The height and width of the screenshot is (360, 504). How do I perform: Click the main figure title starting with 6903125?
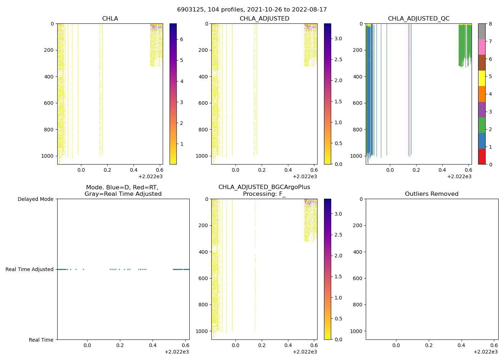tap(252, 10)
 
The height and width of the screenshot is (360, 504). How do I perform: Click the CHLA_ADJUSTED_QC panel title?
tap(419, 19)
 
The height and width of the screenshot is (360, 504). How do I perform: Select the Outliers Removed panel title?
tap(432, 194)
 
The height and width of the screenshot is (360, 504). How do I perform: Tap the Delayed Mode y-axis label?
tap(35, 199)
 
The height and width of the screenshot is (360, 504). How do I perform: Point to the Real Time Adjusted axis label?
tap(30, 269)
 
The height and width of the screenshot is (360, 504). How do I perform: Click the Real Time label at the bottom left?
tap(41, 340)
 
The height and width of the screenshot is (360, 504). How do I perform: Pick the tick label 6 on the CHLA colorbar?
tap(181, 39)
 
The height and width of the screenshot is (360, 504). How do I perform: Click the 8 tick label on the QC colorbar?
tap(490, 24)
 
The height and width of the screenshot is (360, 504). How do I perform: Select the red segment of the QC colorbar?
tap(482, 156)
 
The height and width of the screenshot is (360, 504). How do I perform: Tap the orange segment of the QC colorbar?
tap(482, 94)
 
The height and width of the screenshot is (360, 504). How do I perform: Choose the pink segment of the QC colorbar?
tap(482, 47)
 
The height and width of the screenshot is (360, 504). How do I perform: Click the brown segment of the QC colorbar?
tap(482, 63)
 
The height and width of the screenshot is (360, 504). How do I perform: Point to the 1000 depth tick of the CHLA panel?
tap(47, 156)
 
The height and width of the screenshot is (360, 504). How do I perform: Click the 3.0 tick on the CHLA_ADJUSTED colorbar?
tap(338, 39)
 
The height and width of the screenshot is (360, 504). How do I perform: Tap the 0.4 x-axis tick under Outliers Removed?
tap(461, 345)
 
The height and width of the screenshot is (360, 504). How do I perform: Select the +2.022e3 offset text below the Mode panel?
tap(176, 352)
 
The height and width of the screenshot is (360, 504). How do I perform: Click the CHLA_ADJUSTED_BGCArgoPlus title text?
tap(264, 187)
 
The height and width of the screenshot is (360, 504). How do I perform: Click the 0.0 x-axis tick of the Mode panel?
tap(87, 345)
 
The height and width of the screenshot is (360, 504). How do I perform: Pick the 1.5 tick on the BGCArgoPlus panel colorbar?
tap(338, 276)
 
